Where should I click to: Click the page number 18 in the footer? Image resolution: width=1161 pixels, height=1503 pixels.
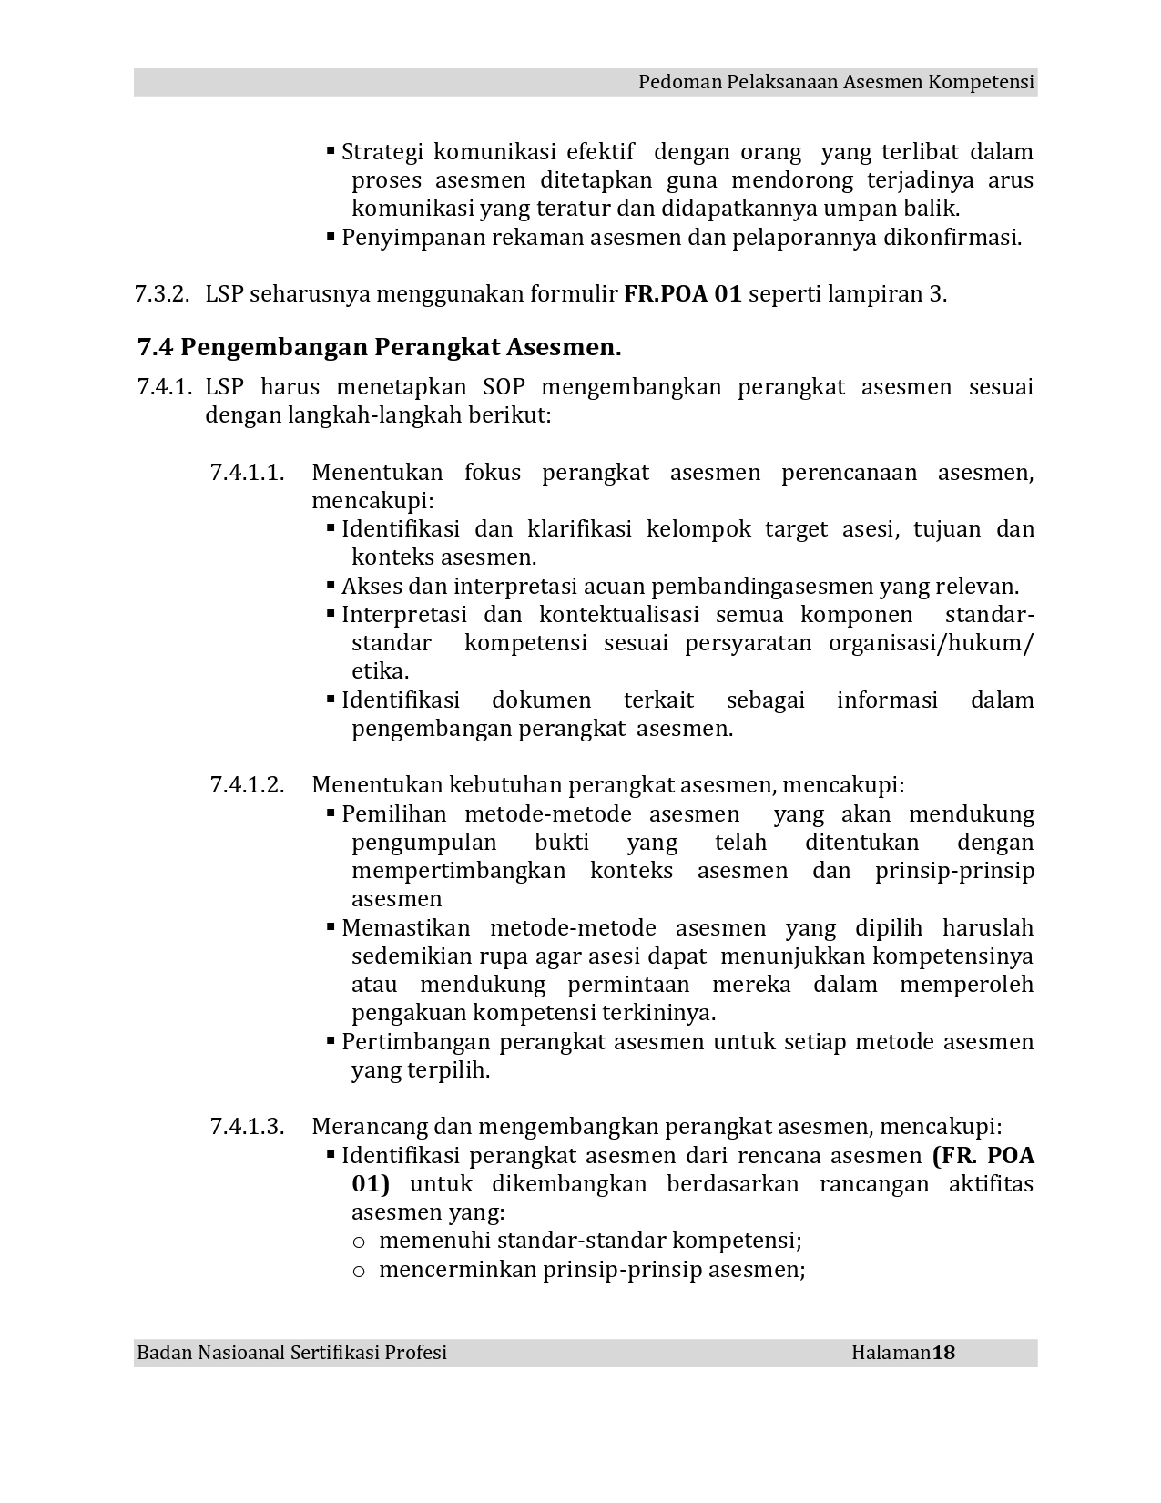943,1353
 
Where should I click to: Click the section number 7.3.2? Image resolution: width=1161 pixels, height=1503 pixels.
161,295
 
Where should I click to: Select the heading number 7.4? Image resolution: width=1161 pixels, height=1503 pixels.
155,348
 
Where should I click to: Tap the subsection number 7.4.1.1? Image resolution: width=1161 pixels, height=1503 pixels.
247,473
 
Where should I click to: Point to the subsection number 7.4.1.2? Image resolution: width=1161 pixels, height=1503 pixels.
247,785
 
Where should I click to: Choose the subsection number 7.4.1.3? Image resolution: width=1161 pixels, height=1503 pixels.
247,1127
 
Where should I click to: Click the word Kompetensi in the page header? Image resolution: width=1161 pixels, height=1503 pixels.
981,83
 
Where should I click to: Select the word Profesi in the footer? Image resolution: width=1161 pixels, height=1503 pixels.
416,1353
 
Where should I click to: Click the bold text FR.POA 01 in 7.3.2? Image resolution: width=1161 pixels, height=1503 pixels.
683,295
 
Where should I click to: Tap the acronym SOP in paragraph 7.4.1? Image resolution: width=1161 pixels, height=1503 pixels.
504,387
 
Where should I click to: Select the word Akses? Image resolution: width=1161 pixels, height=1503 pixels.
370,587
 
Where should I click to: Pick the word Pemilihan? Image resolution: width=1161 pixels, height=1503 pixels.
393,814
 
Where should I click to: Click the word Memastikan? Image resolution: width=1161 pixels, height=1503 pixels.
405,928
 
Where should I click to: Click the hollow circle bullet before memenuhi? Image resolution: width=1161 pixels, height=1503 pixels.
359,1242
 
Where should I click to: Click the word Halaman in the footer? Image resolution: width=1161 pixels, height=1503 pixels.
891,1353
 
